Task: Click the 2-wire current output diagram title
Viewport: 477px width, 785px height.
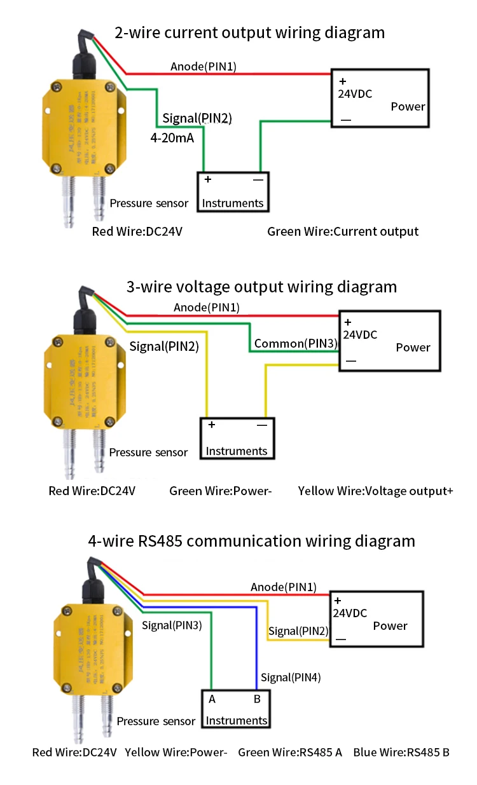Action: [x=249, y=32]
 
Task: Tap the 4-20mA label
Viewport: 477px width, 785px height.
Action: [x=172, y=137]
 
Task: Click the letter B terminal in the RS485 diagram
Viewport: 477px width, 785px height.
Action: [x=257, y=699]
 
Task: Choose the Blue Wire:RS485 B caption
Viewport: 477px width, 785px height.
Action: [x=401, y=752]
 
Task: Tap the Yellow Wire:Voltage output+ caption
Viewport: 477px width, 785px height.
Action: [x=375, y=491]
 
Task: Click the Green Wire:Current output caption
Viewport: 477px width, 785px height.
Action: [x=343, y=231]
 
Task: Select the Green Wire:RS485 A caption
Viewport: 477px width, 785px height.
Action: [x=290, y=752]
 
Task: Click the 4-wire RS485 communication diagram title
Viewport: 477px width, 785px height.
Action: [x=251, y=541]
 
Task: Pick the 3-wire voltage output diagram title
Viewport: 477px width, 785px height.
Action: [x=261, y=287]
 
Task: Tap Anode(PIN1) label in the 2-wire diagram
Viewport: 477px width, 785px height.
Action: [x=204, y=67]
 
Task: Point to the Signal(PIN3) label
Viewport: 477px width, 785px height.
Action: [x=172, y=625]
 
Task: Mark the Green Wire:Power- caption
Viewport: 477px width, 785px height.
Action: [x=221, y=491]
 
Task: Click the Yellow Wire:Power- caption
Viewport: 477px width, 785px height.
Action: [x=176, y=752]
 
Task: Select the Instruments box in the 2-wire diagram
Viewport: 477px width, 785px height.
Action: [x=233, y=191]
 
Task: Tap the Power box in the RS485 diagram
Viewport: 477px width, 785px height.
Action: [x=376, y=618]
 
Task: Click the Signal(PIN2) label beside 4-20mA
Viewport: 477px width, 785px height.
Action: [x=197, y=118]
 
